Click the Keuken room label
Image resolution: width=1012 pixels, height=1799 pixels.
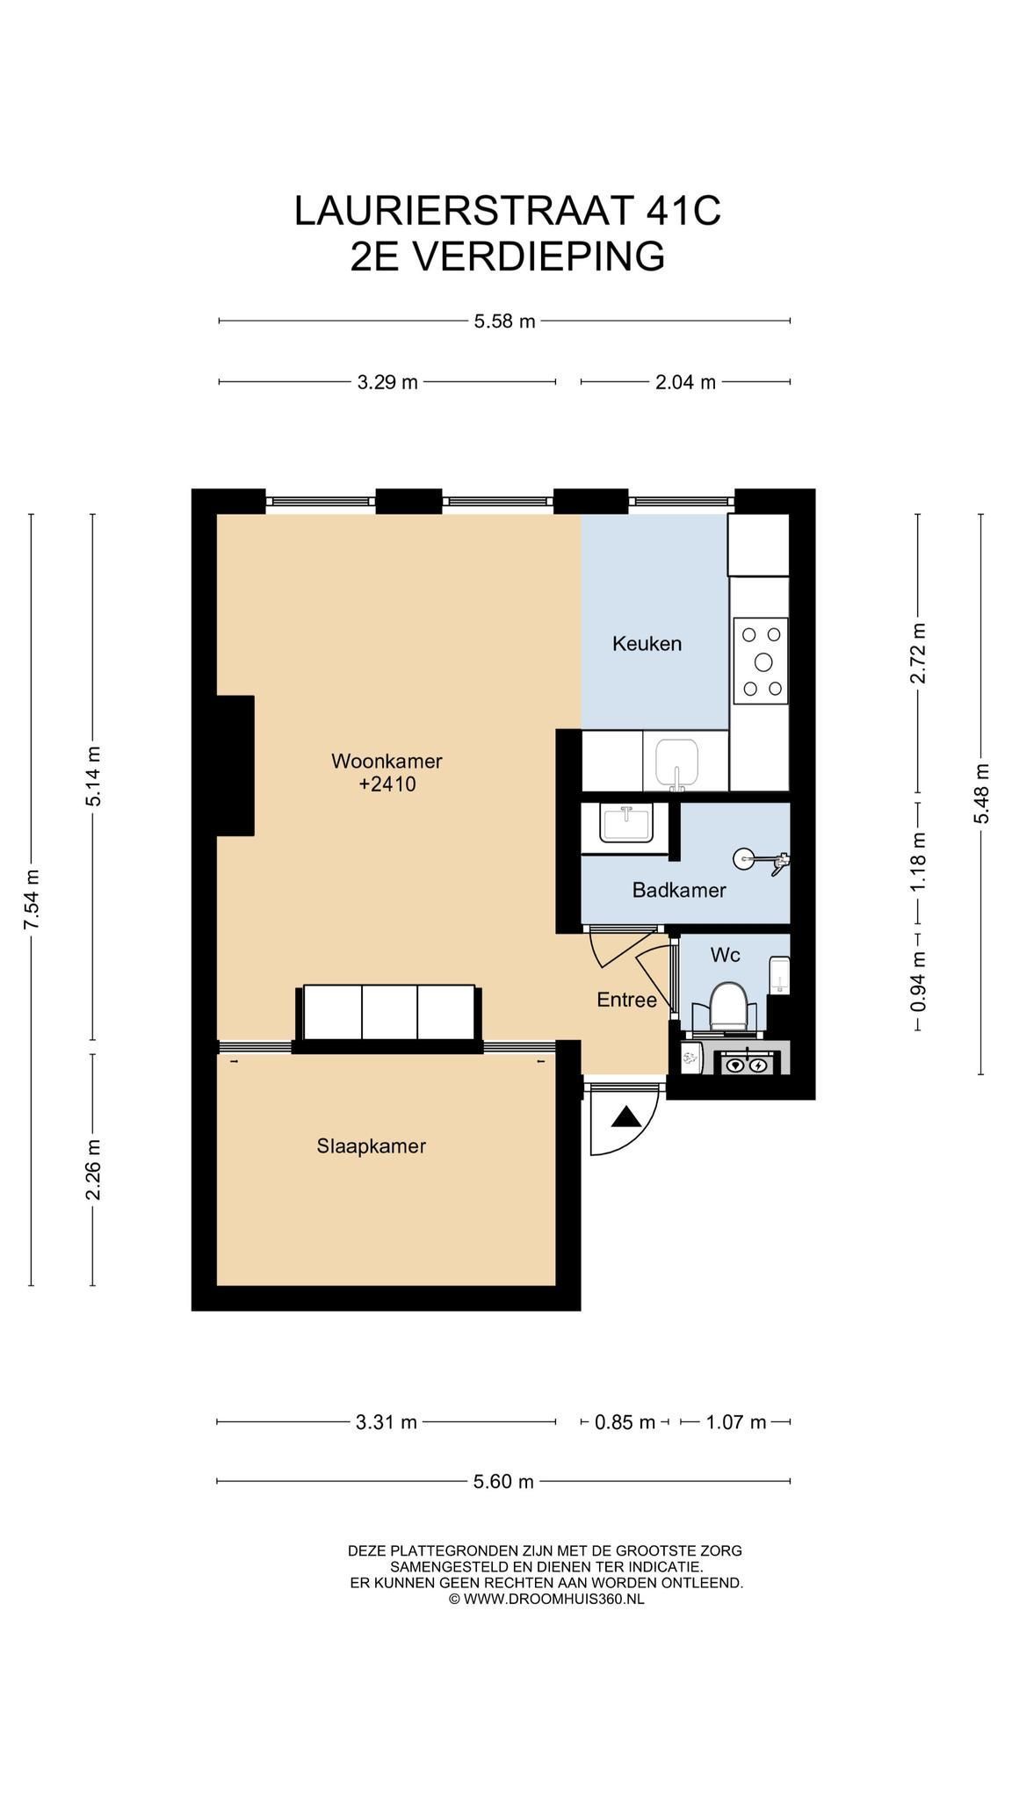[647, 644]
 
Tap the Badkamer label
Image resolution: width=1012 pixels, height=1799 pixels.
[679, 891]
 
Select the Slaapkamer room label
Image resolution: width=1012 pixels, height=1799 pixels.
[372, 1146]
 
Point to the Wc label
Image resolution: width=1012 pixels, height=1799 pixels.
[725, 955]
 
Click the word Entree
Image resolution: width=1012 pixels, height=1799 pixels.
[626, 1000]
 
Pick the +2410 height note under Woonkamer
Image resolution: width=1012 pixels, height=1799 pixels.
[387, 784]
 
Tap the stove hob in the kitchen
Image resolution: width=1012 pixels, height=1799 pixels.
[761, 661]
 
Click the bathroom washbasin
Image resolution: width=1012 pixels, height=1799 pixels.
[626, 824]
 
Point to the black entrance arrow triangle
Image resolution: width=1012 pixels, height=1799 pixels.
[626, 1117]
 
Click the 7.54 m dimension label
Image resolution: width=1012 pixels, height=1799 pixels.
[32, 900]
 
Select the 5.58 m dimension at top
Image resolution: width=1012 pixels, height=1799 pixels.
[504, 322]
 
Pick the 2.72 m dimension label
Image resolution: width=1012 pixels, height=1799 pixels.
[918, 653]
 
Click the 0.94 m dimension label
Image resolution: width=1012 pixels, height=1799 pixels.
[918, 981]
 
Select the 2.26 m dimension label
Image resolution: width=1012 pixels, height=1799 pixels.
[93, 1169]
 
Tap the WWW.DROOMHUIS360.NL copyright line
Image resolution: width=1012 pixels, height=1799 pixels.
[546, 1599]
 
